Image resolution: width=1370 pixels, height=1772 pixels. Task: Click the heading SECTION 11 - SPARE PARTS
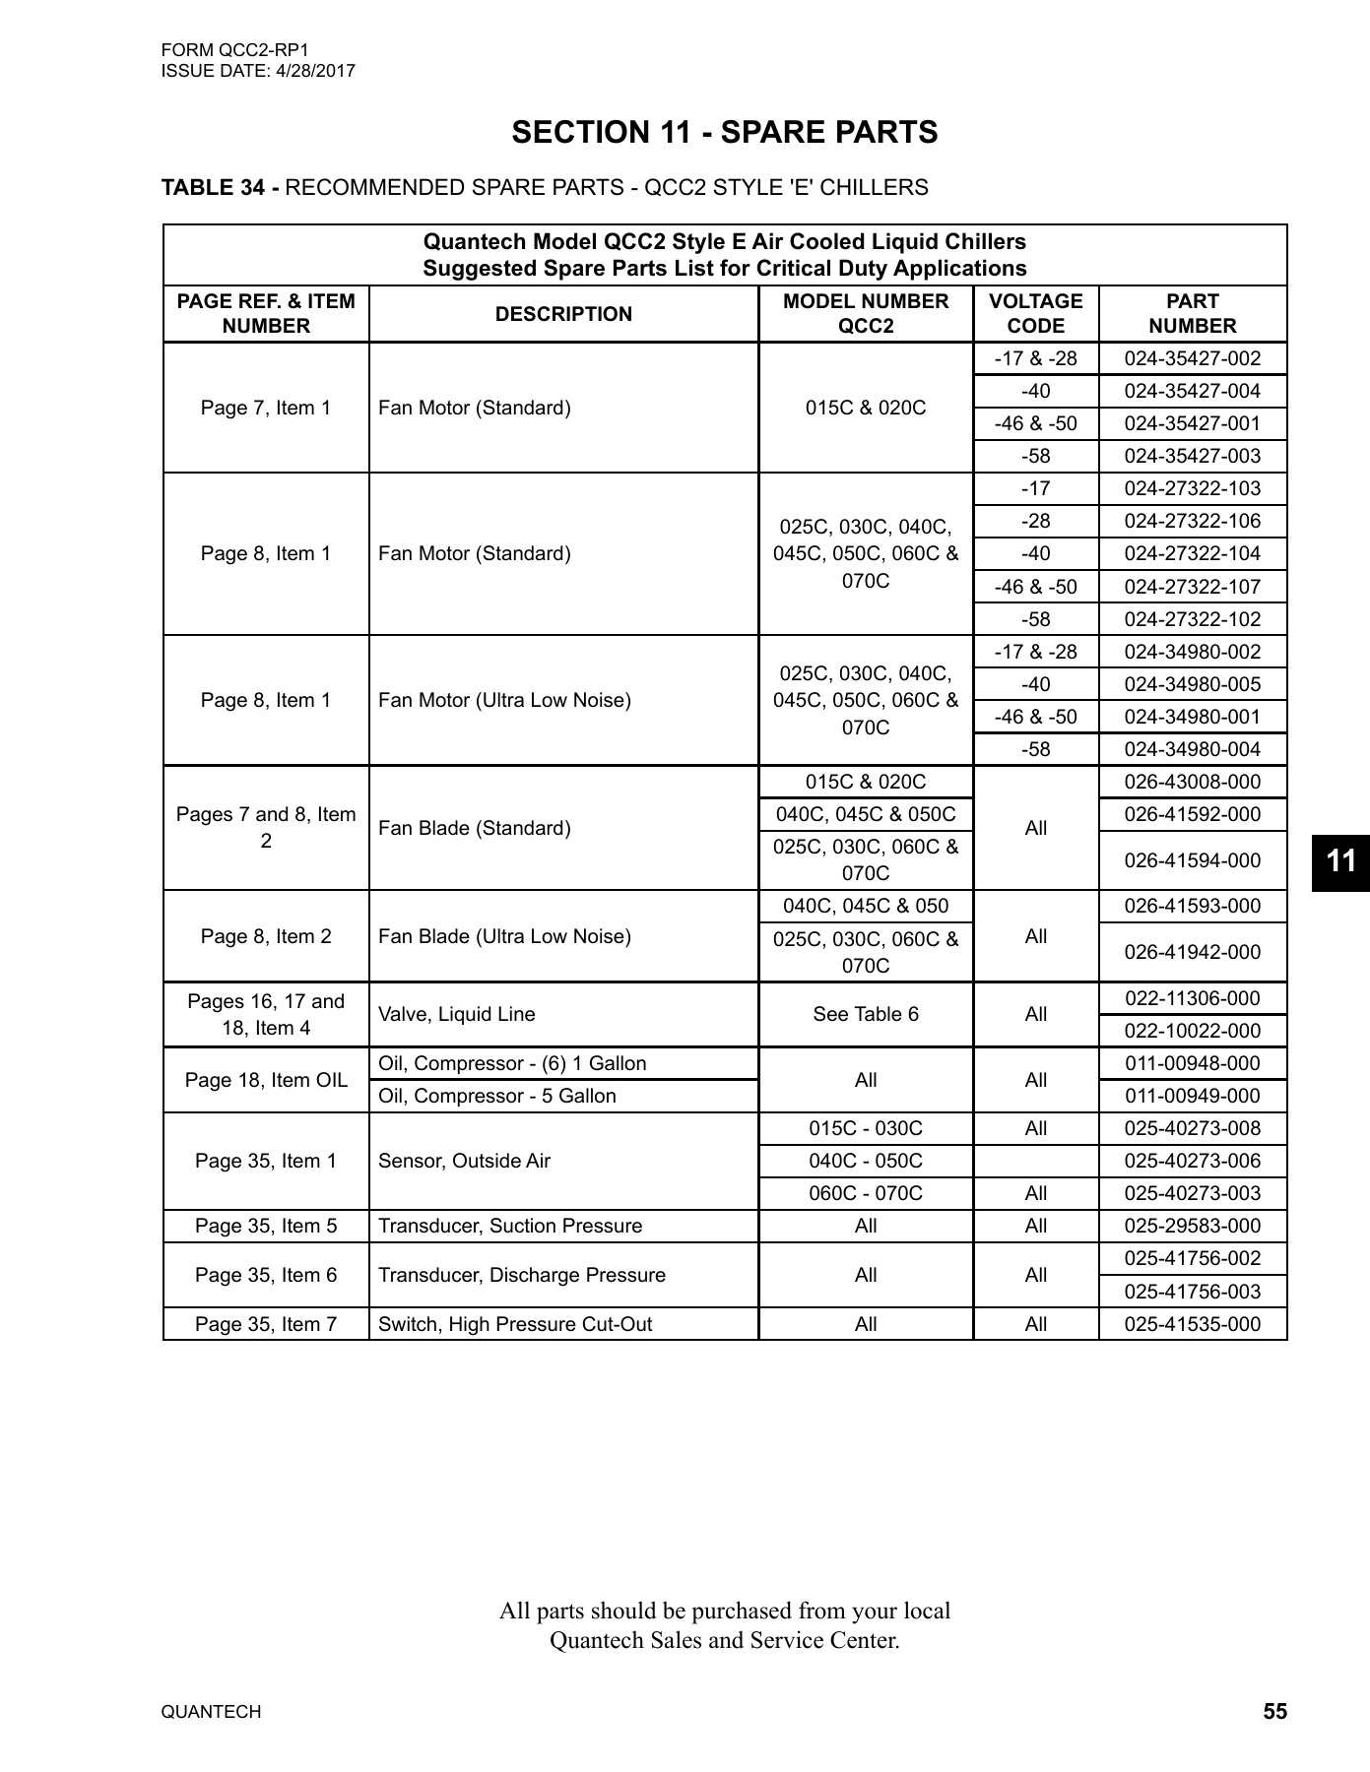point(724,133)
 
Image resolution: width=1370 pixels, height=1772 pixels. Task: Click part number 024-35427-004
point(1192,391)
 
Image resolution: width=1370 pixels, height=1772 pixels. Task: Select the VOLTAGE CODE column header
point(1035,313)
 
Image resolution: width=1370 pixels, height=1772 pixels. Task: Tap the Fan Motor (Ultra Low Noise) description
point(504,700)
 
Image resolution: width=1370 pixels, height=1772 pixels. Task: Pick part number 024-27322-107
point(1192,587)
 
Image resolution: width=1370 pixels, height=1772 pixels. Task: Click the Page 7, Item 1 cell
point(266,408)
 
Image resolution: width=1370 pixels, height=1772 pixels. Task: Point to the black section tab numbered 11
point(1340,861)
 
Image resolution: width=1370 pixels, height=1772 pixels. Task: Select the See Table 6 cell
point(865,1014)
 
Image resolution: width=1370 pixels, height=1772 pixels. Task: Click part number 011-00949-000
point(1192,1096)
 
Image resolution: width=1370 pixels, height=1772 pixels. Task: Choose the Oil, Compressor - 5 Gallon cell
point(497,1096)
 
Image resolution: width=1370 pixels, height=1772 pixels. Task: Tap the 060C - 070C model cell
point(865,1193)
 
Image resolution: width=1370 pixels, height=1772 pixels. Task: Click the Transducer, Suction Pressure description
point(510,1226)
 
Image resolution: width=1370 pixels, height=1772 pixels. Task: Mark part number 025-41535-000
point(1192,1324)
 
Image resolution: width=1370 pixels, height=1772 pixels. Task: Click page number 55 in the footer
point(1274,1712)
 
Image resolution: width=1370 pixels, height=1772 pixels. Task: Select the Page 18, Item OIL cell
point(266,1080)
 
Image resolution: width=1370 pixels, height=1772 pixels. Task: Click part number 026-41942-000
point(1192,952)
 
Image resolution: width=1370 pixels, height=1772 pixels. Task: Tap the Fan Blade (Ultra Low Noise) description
point(504,936)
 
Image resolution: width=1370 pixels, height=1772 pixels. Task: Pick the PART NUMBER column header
point(1192,313)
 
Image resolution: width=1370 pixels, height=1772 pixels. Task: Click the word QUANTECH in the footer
point(211,1712)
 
